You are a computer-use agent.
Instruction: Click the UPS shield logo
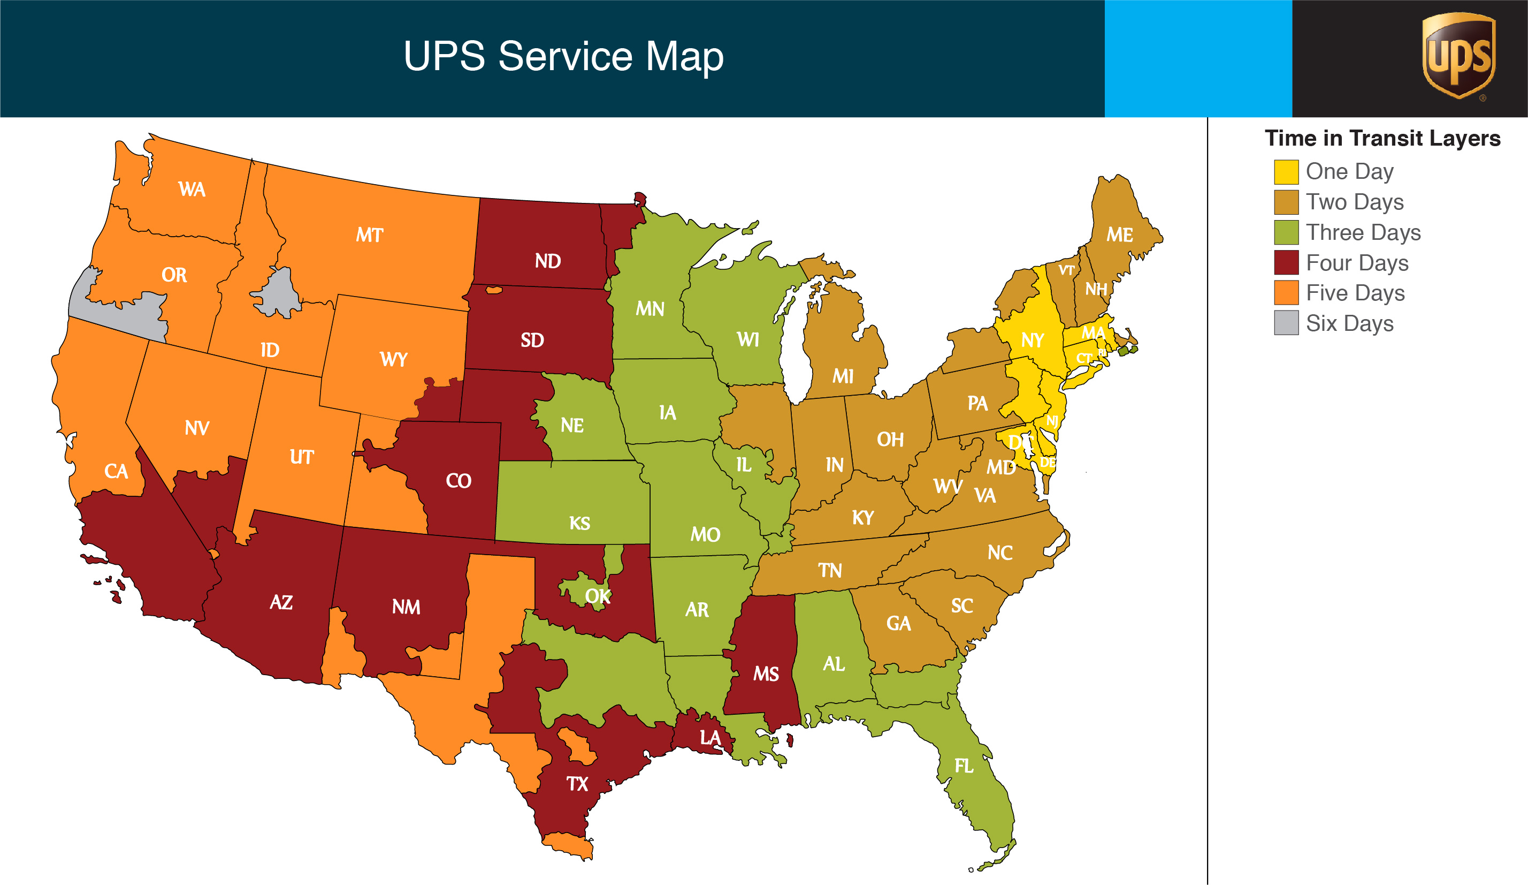pyautogui.click(x=1458, y=56)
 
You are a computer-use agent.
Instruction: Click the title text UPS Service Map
pyautogui.click(x=563, y=56)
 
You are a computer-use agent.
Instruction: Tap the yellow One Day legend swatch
pyautogui.click(x=1286, y=172)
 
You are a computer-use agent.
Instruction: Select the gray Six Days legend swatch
pyautogui.click(x=1286, y=323)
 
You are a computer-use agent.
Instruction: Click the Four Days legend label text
pyautogui.click(x=1356, y=263)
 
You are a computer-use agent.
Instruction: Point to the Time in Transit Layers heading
pyautogui.click(x=1382, y=138)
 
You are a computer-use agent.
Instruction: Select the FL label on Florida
pyautogui.click(x=964, y=766)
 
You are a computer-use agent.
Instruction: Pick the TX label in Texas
pyautogui.click(x=577, y=784)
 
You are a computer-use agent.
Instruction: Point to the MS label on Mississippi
pyautogui.click(x=766, y=674)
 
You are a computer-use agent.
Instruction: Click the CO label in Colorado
pyautogui.click(x=459, y=481)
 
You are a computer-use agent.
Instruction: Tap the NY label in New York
pyautogui.click(x=1032, y=341)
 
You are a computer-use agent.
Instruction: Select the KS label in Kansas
pyautogui.click(x=579, y=524)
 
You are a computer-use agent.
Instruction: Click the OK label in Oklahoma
pyautogui.click(x=597, y=596)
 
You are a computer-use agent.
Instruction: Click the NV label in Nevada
pyautogui.click(x=197, y=428)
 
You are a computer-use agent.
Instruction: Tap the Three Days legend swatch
pyautogui.click(x=1286, y=232)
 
